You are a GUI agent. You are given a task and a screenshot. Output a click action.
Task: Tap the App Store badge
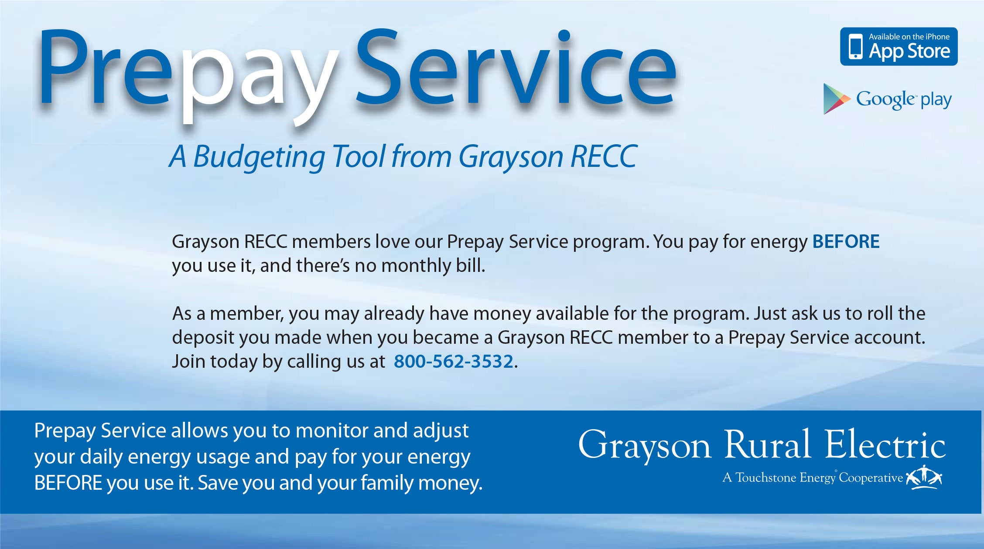899,47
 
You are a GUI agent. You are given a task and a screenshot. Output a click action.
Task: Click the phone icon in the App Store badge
856,47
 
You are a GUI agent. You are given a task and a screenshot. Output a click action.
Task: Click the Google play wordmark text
904,100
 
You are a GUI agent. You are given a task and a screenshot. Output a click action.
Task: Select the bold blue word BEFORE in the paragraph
846,242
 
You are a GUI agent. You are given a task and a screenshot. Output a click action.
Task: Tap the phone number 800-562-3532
454,362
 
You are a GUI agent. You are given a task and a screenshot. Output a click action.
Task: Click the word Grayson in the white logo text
645,445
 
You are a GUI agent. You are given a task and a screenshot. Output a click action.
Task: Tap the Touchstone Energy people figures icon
924,478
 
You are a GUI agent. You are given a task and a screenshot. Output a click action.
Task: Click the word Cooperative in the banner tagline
871,478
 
